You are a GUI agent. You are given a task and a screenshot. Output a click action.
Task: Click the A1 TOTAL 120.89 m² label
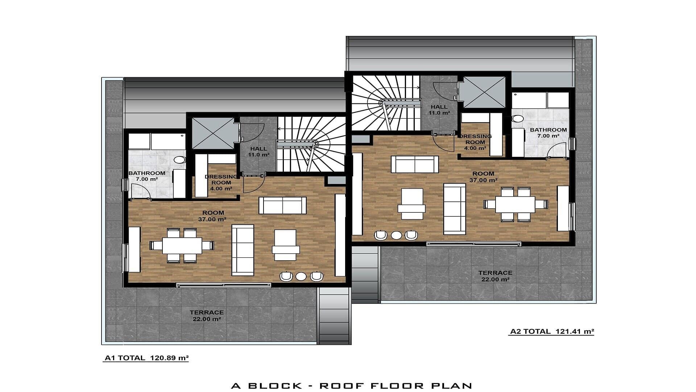click(x=146, y=358)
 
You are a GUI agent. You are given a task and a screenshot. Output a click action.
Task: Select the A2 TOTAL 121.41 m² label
click(x=552, y=331)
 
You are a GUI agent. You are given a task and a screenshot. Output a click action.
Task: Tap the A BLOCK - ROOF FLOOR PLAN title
click(x=351, y=385)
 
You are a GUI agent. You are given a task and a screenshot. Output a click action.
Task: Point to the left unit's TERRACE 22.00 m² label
click(x=207, y=316)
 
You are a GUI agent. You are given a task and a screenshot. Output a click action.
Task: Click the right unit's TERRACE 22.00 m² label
click(x=495, y=276)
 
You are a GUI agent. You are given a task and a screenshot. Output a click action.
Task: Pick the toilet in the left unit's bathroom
click(x=179, y=160)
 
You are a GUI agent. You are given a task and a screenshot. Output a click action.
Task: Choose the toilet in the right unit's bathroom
click(x=518, y=119)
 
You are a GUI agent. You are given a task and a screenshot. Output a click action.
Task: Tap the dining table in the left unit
click(x=182, y=245)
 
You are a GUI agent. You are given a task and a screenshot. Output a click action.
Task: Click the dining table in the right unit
click(x=515, y=204)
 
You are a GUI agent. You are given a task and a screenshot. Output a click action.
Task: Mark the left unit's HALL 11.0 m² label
click(x=258, y=152)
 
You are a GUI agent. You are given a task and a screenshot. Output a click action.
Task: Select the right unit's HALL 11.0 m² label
click(x=439, y=110)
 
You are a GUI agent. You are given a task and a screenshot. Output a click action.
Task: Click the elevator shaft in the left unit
click(x=213, y=133)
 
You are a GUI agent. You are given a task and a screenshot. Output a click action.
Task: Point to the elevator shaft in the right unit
click(x=484, y=92)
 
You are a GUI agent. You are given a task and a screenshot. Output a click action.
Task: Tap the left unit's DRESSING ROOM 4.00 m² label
click(x=221, y=183)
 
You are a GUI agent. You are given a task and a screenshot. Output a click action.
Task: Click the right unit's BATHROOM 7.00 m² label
click(x=548, y=133)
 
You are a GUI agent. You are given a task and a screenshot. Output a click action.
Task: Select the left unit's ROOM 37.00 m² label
click(x=212, y=216)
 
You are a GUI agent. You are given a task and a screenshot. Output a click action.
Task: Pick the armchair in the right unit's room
click(x=411, y=204)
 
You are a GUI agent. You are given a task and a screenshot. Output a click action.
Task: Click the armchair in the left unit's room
click(x=286, y=245)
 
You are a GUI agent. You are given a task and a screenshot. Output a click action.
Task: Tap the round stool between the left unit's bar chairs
click(x=301, y=277)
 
